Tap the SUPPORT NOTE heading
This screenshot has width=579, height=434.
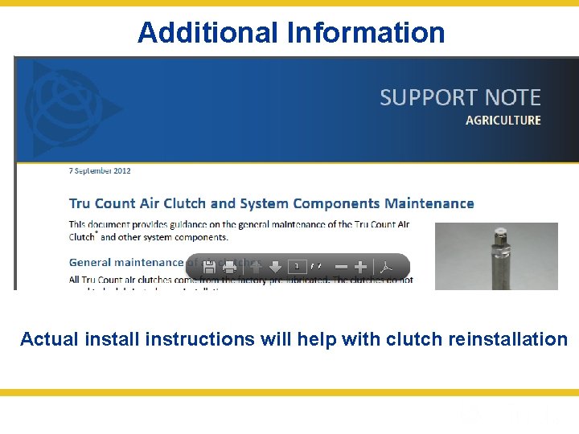tap(460, 98)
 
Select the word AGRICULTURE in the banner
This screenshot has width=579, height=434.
tap(503, 121)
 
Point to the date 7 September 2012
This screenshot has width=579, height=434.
tap(100, 170)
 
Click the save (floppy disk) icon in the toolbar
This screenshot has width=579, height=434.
tap(208, 267)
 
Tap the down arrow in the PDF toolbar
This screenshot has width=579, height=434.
tap(275, 267)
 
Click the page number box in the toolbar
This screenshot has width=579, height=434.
tap(297, 266)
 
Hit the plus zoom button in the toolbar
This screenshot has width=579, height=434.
tap(361, 267)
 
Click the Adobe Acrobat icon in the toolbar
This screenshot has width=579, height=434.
tap(385, 267)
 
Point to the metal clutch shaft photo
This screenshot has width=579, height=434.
tap(496, 256)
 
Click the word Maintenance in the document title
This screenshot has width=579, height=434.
tap(429, 203)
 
